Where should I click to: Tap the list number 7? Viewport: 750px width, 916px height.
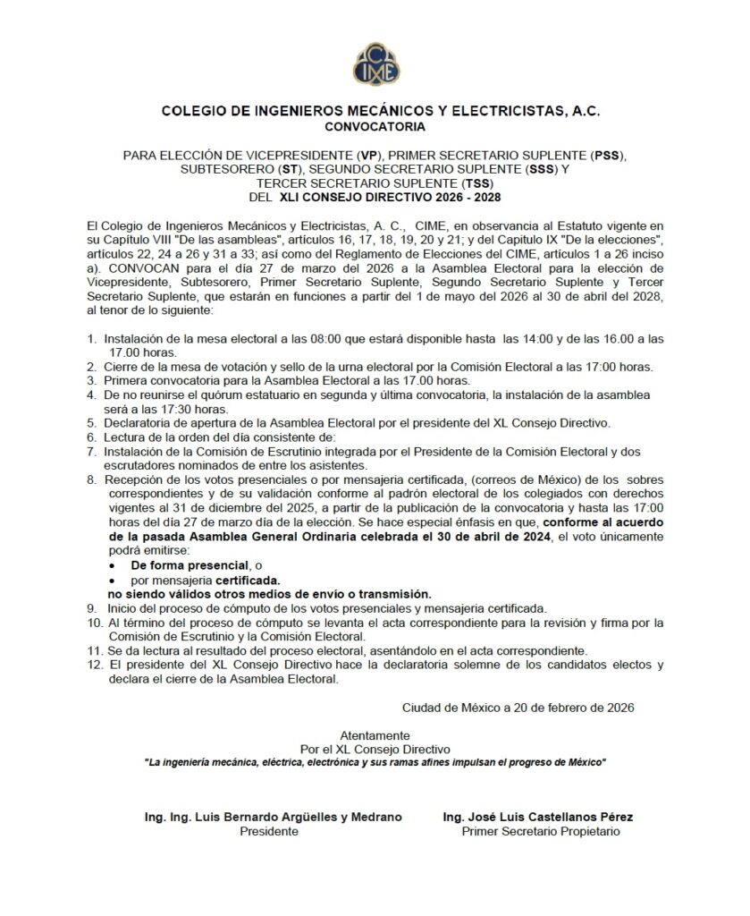click(x=90, y=452)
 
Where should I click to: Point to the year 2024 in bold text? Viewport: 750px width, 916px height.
click(x=529, y=538)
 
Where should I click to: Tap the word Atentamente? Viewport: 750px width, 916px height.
click(x=375, y=734)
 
